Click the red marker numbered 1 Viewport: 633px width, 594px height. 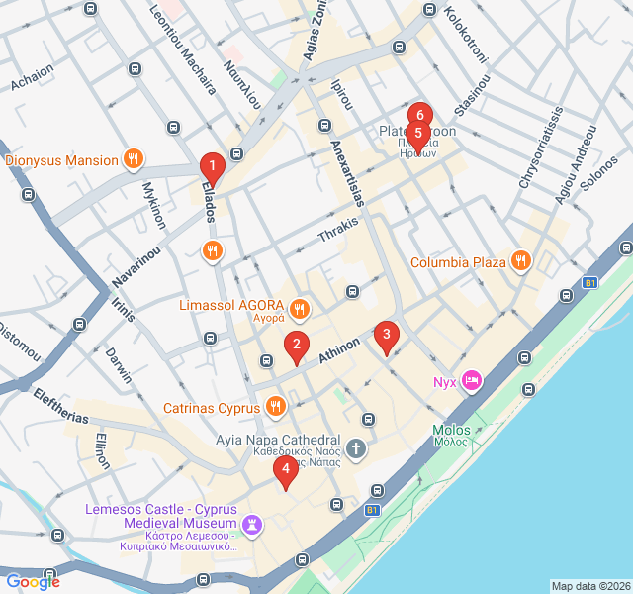(x=211, y=166)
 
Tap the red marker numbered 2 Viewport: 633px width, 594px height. (x=295, y=346)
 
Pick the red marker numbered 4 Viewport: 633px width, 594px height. (x=285, y=470)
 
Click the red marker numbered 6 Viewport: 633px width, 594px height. (x=419, y=113)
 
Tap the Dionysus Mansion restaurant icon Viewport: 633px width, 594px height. (x=133, y=158)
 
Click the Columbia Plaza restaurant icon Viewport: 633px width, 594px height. (x=520, y=261)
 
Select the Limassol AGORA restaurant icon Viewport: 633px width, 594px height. (x=299, y=309)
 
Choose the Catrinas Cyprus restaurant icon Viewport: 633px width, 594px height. (x=276, y=405)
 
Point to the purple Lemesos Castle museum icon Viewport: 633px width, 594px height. (x=253, y=524)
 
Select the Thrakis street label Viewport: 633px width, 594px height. (x=338, y=231)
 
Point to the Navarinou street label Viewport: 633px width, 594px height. (x=141, y=261)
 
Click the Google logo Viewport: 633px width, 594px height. (x=33, y=581)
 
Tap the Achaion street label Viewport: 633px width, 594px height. (x=32, y=78)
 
